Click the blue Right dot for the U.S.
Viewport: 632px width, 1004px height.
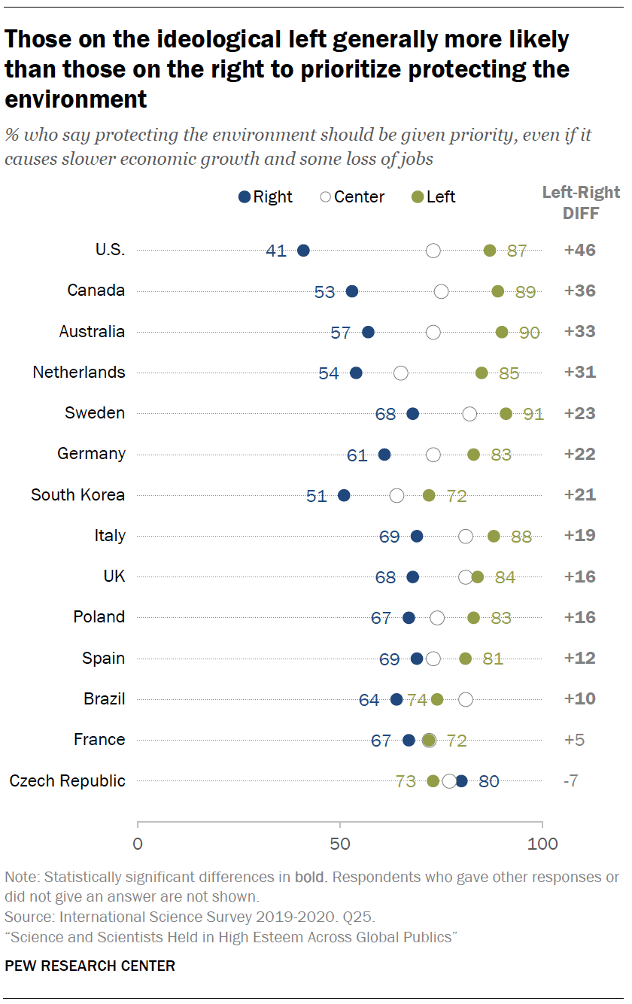[303, 251]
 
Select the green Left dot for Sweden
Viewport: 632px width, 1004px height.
[506, 413]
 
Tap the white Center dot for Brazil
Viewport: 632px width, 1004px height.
[466, 699]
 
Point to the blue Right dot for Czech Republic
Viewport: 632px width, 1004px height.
[461, 780]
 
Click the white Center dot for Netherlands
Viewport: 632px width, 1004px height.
[401, 373]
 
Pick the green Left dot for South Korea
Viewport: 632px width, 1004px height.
[429, 495]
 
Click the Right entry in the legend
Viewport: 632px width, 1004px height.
[265, 197]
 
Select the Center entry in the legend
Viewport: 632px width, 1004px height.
[351, 197]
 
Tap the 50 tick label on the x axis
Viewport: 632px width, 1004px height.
[340, 844]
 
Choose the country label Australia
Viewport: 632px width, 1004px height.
[92, 332]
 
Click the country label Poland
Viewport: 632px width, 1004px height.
[99, 617]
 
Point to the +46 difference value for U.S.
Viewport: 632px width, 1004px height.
[579, 251]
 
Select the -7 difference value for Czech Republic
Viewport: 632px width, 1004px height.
[570, 780]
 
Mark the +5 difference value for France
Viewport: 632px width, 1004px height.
[573, 740]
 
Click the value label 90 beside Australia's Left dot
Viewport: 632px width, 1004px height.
[530, 333]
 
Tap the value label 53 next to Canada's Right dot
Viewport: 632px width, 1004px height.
[324, 292]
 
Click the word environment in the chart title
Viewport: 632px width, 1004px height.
[75, 99]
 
